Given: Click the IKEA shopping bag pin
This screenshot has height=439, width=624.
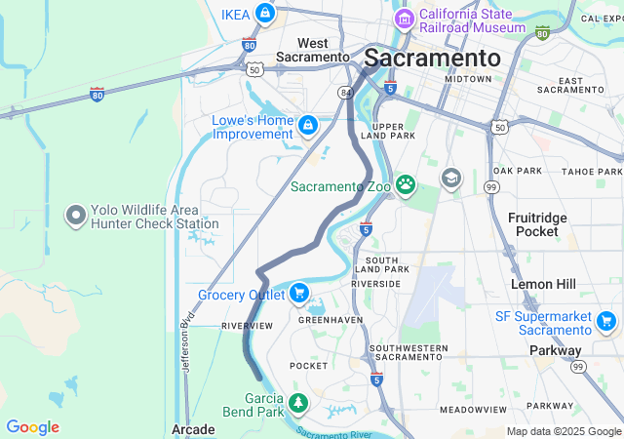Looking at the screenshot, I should click(x=264, y=14).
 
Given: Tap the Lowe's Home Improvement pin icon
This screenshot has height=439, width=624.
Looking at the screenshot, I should click(x=308, y=125).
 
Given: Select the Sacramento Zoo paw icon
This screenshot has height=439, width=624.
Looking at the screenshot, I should click(x=405, y=184).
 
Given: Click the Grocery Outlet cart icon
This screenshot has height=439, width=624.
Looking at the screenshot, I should click(x=298, y=292).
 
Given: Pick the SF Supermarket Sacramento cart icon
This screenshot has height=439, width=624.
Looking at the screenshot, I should click(x=606, y=320).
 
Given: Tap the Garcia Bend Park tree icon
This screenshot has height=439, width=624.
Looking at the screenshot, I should click(x=297, y=402).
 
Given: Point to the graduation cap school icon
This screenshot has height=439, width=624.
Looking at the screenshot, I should click(x=450, y=178).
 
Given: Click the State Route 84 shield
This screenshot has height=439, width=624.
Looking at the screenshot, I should click(x=345, y=93).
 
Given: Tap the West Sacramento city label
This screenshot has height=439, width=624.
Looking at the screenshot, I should click(x=314, y=50).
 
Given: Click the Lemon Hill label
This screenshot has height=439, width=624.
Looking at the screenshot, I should click(x=544, y=284).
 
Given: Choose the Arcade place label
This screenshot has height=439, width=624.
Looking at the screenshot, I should click(x=192, y=429).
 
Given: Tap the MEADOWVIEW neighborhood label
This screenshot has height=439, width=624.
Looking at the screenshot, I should click(x=471, y=410).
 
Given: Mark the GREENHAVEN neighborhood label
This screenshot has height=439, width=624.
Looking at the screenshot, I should click(x=325, y=319).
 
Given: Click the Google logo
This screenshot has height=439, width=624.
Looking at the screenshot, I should click(x=32, y=427).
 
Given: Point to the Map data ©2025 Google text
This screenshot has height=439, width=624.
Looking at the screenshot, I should click(x=564, y=431).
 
